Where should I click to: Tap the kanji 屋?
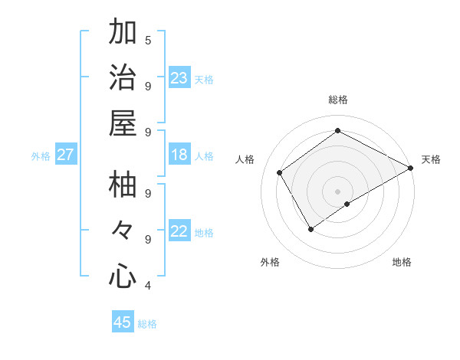point(123,123)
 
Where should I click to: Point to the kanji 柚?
point(123,185)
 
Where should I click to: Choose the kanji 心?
point(123,276)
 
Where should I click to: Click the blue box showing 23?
point(179,78)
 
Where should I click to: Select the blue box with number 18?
point(179,155)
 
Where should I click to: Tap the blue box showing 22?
point(179,231)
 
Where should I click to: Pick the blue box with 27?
point(65,155)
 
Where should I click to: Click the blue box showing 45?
point(123,322)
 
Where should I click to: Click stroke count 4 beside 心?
point(148,285)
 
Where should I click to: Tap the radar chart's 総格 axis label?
point(338,100)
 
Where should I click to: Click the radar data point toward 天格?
point(410,168)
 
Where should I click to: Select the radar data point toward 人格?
point(280,172)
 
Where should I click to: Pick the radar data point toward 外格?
point(310,229)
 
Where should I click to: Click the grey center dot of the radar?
point(338,191)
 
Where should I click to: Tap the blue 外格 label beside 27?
point(41,155)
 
